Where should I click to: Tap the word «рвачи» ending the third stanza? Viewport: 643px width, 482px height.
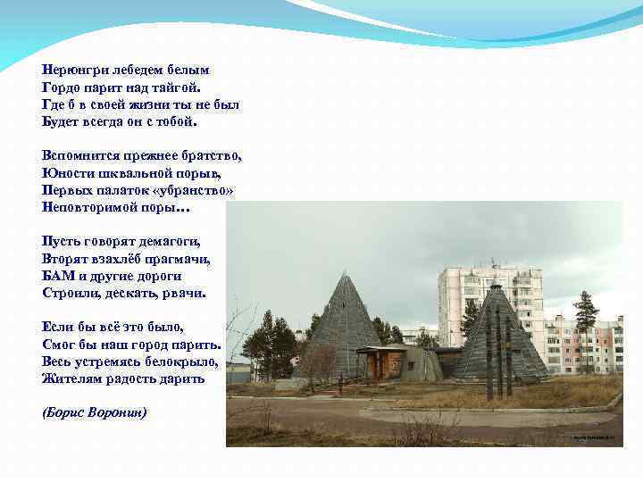pos(185,293)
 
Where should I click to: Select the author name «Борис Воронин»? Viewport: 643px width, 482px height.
pos(95,412)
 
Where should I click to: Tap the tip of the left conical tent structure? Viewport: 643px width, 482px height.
pos(343,275)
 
